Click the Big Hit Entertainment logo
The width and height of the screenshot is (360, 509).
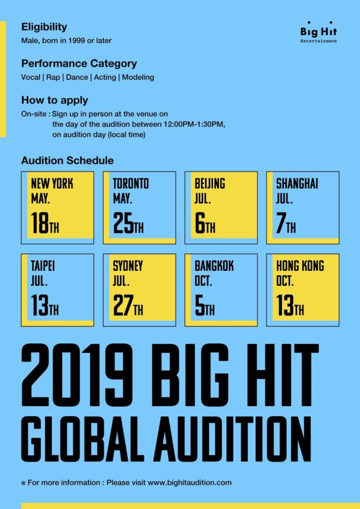(319, 34)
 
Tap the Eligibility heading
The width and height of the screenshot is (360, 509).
(44, 27)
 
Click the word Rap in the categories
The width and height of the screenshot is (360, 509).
(53, 77)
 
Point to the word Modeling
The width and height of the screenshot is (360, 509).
(138, 77)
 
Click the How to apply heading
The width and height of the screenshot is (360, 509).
(54, 100)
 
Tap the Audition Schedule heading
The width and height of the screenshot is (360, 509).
(67, 161)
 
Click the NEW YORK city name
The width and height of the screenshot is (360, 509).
(52, 184)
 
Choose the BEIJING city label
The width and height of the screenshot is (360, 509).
(210, 184)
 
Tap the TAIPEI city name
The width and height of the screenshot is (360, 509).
(43, 266)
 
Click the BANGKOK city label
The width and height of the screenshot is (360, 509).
(214, 266)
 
